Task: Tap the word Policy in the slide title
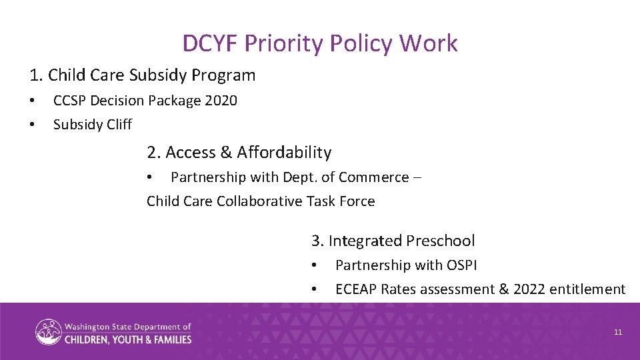click(x=363, y=43)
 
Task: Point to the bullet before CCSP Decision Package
click(x=31, y=101)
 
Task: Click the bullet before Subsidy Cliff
click(x=31, y=125)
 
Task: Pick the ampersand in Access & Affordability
click(x=225, y=153)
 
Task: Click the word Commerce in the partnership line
click(x=373, y=177)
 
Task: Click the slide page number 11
click(x=618, y=332)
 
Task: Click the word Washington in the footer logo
click(x=87, y=327)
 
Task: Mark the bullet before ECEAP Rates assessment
click(x=314, y=289)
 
